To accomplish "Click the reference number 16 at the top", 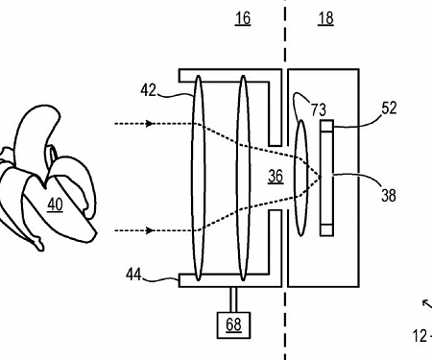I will (243, 18).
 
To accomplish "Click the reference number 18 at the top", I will (325, 18).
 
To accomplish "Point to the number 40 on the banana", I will (55, 204).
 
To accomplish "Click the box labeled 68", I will (233, 324).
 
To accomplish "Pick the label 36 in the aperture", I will (276, 177).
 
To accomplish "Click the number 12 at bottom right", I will (419, 336).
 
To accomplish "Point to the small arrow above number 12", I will (425, 304).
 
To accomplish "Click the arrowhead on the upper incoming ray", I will (151, 124).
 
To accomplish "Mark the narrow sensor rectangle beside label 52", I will (327, 178).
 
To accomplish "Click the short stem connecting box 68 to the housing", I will (233, 300).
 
